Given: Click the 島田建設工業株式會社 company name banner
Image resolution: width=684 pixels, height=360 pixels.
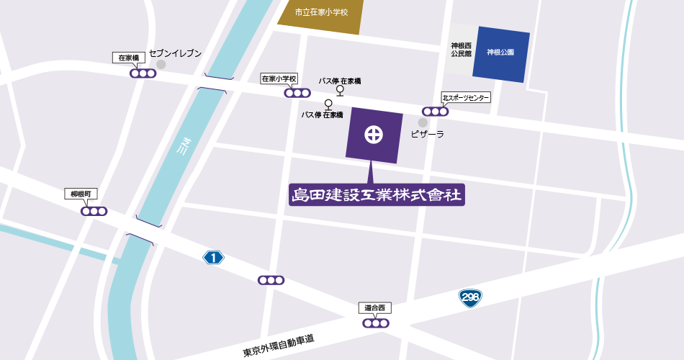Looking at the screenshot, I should pyautogui.click(x=377, y=194).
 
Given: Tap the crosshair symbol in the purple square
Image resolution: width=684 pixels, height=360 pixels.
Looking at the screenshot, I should pyautogui.click(x=374, y=135).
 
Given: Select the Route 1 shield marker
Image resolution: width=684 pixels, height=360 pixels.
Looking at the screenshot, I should pyautogui.click(x=214, y=257).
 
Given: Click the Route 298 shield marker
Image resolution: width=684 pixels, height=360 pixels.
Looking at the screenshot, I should pyautogui.click(x=471, y=297).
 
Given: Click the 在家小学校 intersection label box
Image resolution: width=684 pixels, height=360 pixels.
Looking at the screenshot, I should pyautogui.click(x=279, y=78).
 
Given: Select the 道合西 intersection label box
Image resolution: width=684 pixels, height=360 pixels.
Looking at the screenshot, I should pyautogui.click(x=375, y=308).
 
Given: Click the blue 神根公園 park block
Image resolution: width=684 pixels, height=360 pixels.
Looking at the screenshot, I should pyautogui.click(x=501, y=53).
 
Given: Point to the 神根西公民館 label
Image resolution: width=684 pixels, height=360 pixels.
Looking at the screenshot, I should pyautogui.click(x=460, y=50).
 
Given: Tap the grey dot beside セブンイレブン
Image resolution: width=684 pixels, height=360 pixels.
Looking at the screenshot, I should pyautogui.click(x=161, y=64).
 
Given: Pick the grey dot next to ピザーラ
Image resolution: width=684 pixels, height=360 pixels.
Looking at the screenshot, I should pyautogui.click(x=423, y=122).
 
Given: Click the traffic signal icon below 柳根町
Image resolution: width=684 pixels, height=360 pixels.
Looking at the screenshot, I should pyautogui.click(x=94, y=211).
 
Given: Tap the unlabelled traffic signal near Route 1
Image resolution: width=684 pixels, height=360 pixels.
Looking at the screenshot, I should pyautogui.click(x=271, y=280).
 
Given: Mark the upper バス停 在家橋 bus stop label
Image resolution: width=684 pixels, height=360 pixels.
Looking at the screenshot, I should pyautogui.click(x=340, y=81).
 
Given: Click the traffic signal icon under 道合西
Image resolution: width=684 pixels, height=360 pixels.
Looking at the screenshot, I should pyautogui.click(x=375, y=323).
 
